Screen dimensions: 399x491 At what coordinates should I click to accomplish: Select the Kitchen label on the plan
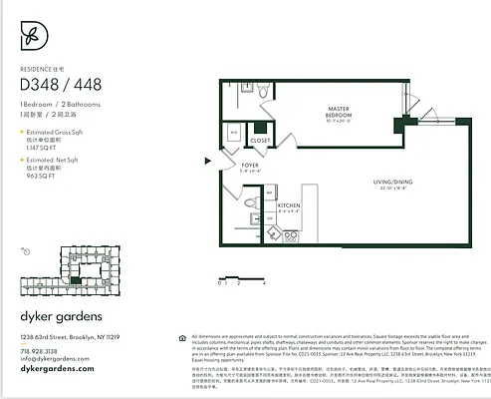pos(262,206)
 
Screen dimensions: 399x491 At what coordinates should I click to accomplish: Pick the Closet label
pos(261,140)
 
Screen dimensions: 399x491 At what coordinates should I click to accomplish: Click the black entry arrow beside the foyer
pos(207,160)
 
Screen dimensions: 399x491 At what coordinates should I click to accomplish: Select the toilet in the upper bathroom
pos(262,92)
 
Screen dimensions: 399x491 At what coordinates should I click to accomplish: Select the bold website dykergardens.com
pos(57,369)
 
